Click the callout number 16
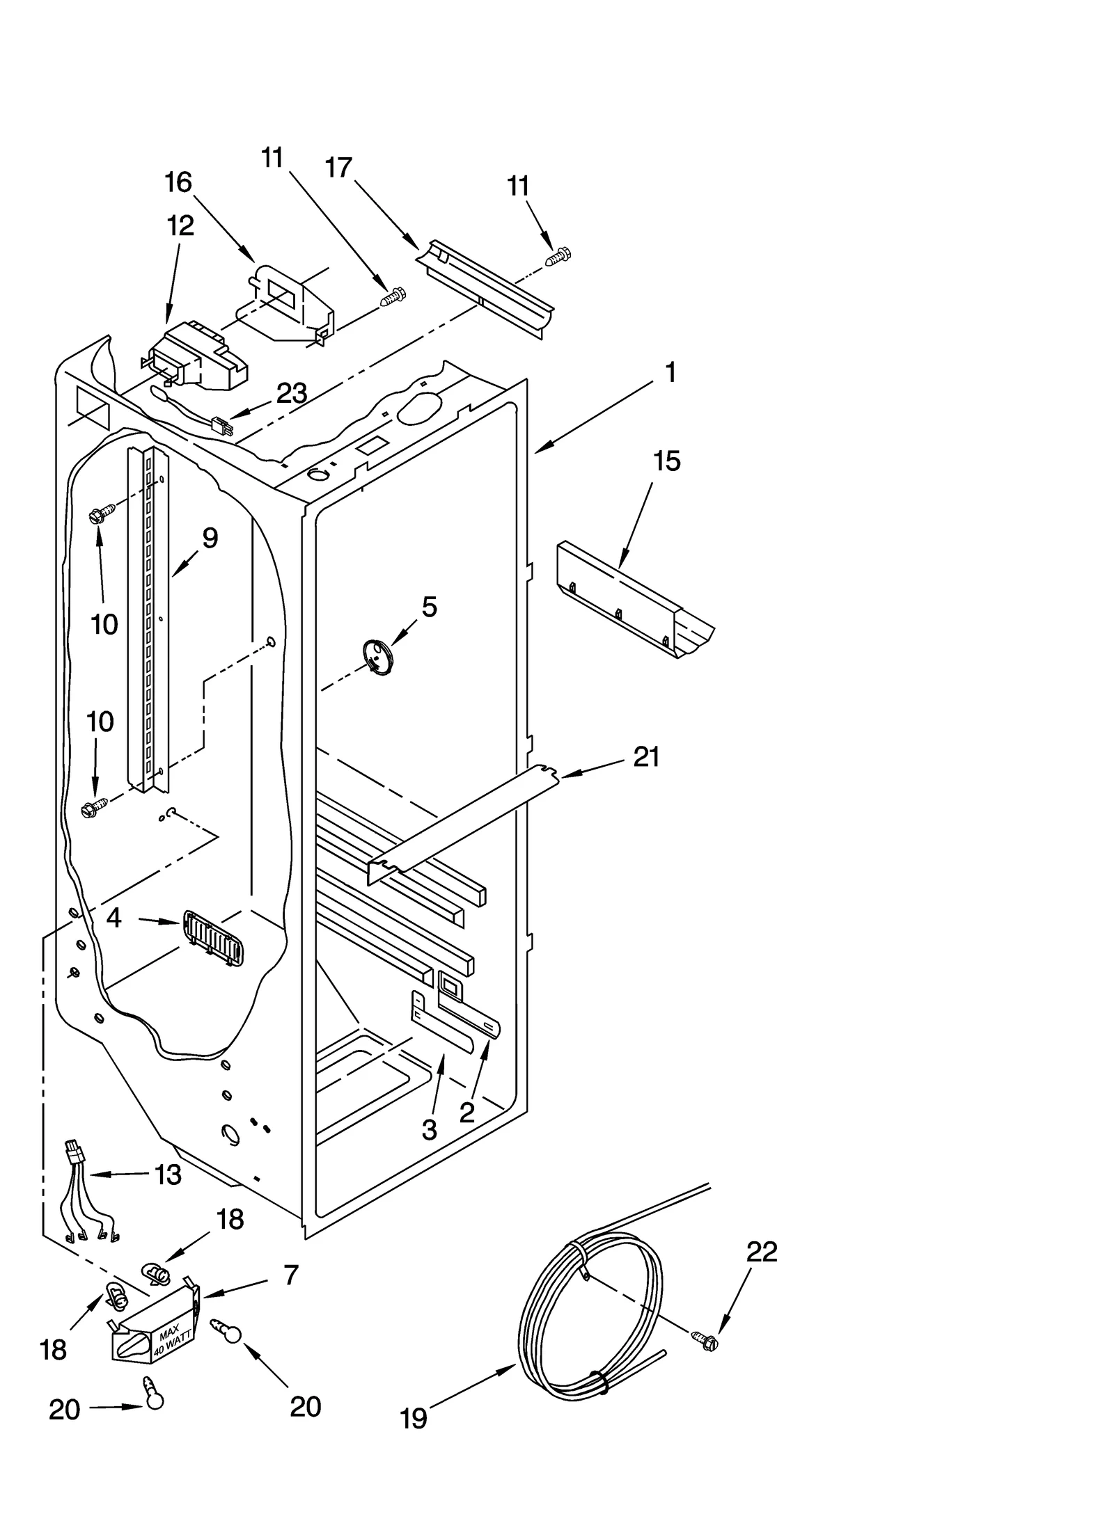click(178, 182)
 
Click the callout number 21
click(646, 756)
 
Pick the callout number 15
click(666, 461)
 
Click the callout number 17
click(338, 168)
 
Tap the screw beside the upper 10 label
click(97, 516)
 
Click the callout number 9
click(210, 538)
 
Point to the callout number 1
click(670, 373)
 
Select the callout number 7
click(291, 1275)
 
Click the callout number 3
click(430, 1130)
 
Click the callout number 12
click(180, 225)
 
